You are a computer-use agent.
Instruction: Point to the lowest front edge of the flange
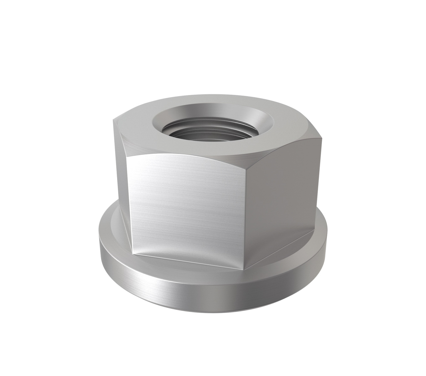pos(213,312)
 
